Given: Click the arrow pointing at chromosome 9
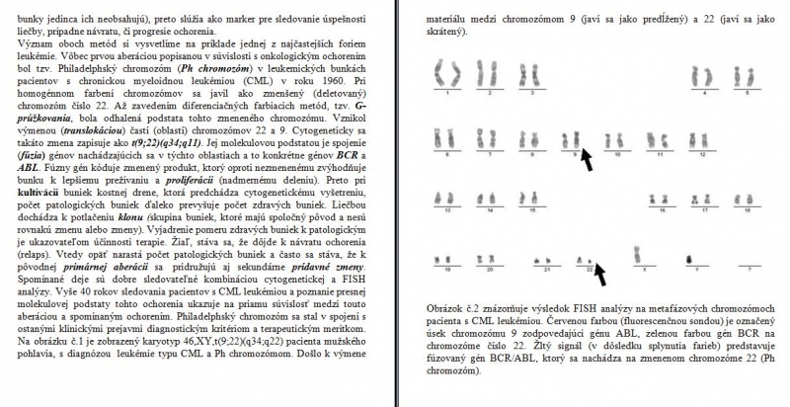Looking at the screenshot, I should pyautogui.click(x=588, y=157).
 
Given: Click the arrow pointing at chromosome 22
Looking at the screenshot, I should pyautogui.click(x=603, y=267).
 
